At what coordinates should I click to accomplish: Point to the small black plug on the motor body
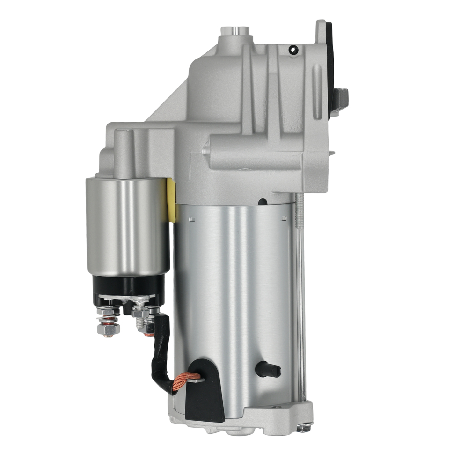(x=268, y=370)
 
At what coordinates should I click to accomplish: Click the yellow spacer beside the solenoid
(x=171, y=200)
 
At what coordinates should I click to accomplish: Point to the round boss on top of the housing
(x=235, y=31)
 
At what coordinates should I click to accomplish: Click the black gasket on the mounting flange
(x=330, y=66)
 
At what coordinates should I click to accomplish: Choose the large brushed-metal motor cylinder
(x=234, y=304)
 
